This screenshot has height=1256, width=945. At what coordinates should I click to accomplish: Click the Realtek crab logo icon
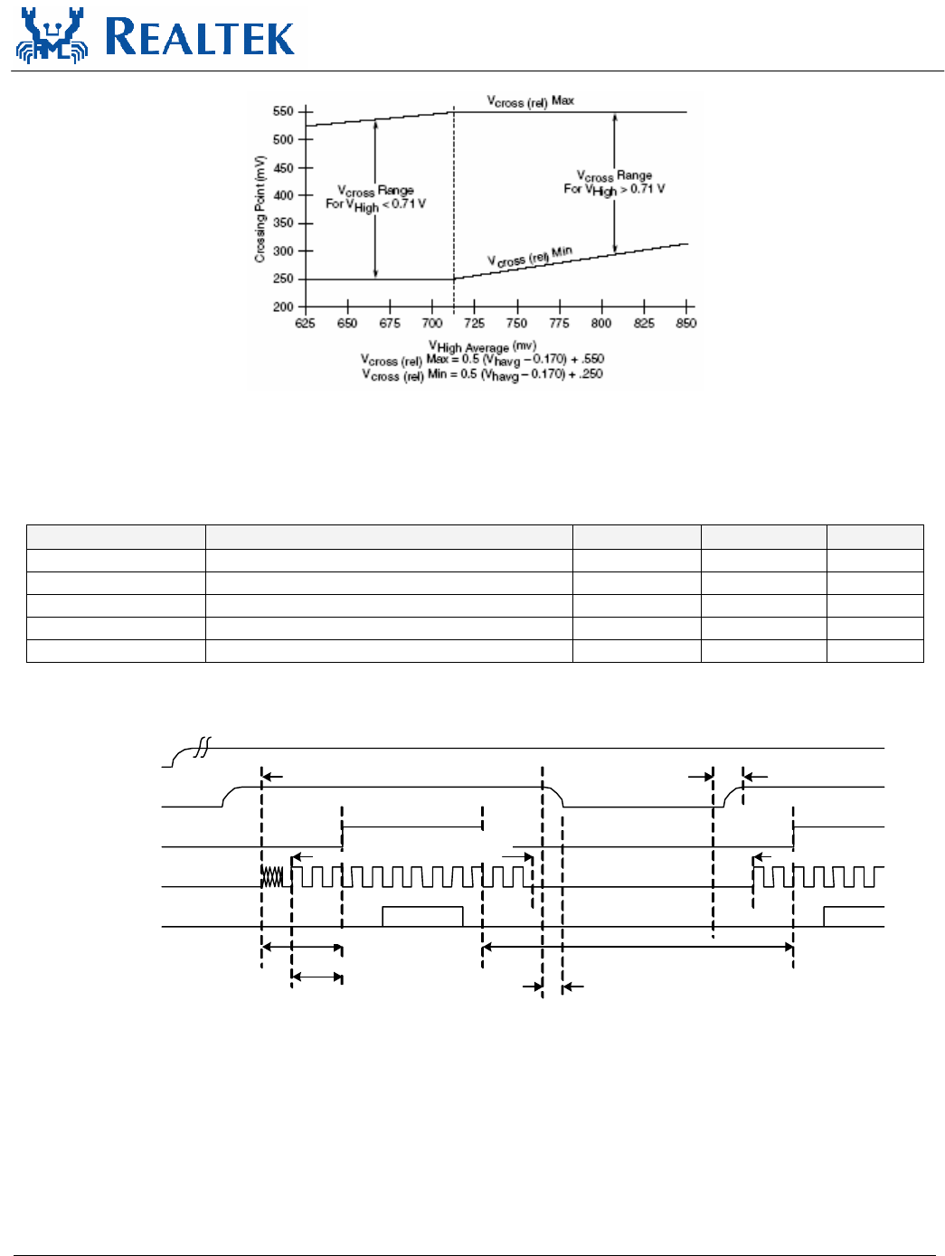click(x=52, y=36)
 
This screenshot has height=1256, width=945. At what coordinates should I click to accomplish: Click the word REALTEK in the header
click(x=201, y=37)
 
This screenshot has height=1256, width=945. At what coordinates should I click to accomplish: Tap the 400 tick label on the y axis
click(x=283, y=195)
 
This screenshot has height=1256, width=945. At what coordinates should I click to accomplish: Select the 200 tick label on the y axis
click(x=283, y=307)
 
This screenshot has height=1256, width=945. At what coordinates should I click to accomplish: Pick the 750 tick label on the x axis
click(x=516, y=324)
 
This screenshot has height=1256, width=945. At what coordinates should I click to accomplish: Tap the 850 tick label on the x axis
click(x=686, y=324)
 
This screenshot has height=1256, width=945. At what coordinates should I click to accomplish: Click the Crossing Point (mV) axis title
click(x=260, y=209)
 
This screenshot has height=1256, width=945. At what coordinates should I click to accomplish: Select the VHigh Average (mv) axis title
click(x=482, y=346)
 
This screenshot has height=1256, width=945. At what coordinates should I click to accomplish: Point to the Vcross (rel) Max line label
click(x=531, y=101)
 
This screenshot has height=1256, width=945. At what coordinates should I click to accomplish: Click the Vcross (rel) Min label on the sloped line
click(x=530, y=257)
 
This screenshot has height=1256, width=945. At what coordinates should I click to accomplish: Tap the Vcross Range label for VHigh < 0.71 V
click(x=376, y=198)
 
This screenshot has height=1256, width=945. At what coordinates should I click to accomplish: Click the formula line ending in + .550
click(x=482, y=360)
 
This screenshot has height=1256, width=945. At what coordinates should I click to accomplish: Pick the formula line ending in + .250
click(x=482, y=374)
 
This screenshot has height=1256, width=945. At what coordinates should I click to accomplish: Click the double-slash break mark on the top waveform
click(x=203, y=746)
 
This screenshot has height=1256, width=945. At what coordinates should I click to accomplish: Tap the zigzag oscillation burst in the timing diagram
click(x=272, y=876)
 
